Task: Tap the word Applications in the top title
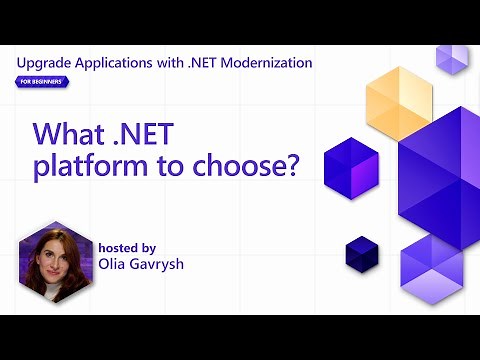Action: coord(117,63)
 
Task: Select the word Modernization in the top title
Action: coord(263,63)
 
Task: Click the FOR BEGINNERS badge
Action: coord(43,81)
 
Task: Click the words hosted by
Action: coord(128,247)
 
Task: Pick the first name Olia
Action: coord(115,264)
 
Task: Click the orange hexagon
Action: coord(397,103)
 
